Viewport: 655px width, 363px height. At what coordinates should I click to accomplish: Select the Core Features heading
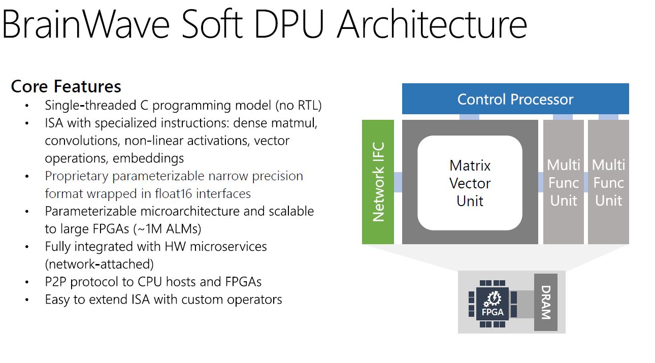(66, 86)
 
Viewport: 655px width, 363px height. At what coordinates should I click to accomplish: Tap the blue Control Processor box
(515, 99)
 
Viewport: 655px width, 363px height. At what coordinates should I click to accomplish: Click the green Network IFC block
(378, 182)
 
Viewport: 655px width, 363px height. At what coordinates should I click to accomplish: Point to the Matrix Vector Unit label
(470, 183)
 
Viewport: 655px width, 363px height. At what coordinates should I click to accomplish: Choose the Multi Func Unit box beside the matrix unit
(564, 182)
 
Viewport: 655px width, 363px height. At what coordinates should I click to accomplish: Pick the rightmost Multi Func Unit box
(608, 182)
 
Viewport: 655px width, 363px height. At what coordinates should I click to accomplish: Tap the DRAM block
(545, 303)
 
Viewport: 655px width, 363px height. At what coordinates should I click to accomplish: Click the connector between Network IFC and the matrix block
(398, 182)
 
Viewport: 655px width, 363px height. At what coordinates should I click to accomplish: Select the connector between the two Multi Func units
(586, 182)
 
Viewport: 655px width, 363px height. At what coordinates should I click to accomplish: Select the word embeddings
(148, 158)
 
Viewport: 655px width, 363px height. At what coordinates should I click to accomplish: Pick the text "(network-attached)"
(99, 264)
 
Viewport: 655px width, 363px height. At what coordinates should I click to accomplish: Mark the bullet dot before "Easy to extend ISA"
(27, 300)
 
